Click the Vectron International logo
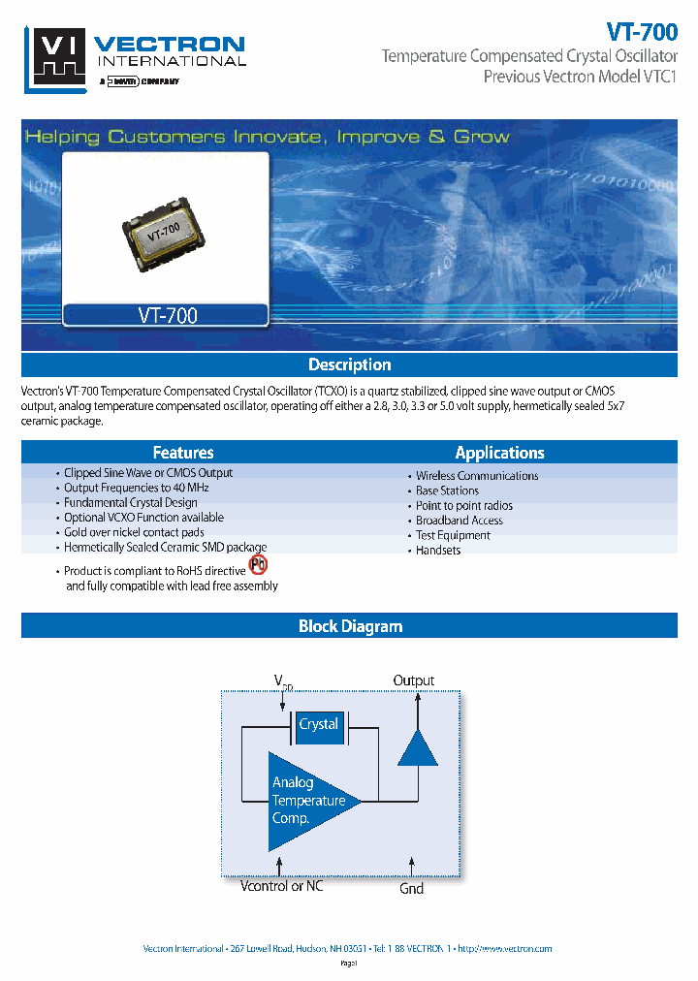[135, 57]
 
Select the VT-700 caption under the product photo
[164, 315]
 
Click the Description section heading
[349, 364]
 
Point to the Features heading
[183, 453]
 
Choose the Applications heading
[499, 453]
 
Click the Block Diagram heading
[349, 626]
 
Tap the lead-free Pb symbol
[258, 565]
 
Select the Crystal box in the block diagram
[319, 725]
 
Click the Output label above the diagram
[414, 680]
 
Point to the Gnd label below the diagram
[412, 888]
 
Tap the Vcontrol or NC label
[282, 886]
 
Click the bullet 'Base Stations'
[447, 490]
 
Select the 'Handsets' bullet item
[438, 550]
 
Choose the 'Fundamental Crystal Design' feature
[130, 503]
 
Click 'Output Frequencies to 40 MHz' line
[136, 488]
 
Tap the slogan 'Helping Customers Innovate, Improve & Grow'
[267, 137]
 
